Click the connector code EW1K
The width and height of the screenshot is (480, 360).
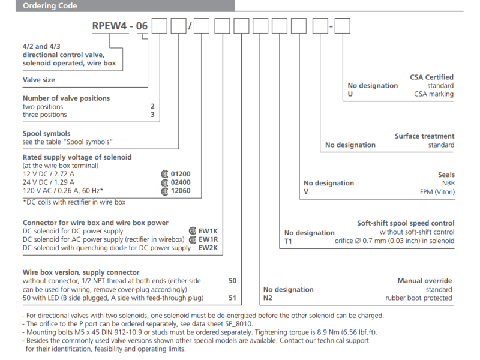[x=208, y=231]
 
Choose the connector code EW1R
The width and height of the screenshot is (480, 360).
[x=208, y=239]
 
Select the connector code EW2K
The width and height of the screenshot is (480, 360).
[x=208, y=248]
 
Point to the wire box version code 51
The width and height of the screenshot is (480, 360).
[x=233, y=298]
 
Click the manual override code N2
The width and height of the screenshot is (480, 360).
[x=268, y=298]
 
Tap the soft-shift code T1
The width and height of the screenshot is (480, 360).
[x=289, y=241]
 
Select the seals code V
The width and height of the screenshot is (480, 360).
[x=306, y=192]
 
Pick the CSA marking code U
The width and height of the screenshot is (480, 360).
[x=350, y=94]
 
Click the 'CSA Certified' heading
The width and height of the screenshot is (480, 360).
[x=431, y=77]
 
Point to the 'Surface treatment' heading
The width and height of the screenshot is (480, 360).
[x=424, y=136]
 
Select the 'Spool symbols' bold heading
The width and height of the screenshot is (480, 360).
[x=46, y=134]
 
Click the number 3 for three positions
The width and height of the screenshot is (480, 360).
[x=152, y=115]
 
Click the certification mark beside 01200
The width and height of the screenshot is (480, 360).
[x=165, y=173]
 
